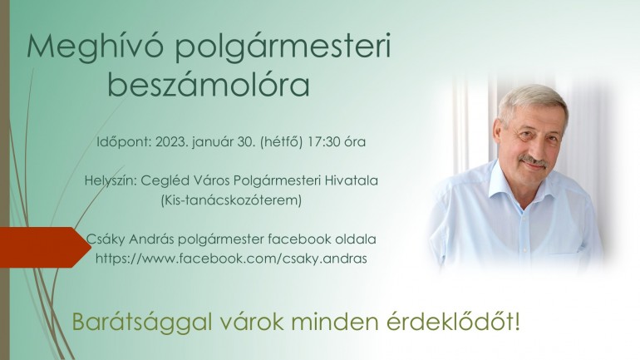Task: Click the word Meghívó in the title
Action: [95, 47]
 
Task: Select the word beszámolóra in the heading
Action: [209, 85]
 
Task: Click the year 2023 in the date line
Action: [172, 141]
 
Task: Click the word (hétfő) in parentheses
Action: [282, 141]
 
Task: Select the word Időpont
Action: [124, 142]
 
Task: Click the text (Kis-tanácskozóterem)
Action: [231, 200]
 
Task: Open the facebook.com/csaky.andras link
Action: [231, 259]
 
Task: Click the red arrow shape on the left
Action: [43, 248]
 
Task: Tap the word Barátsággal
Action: [142, 323]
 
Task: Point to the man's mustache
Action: [533, 160]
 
